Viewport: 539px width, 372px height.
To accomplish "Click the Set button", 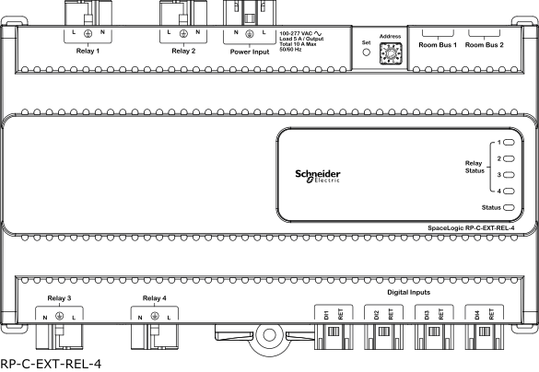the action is [367, 52].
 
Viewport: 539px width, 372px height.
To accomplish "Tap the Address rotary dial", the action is [391, 53].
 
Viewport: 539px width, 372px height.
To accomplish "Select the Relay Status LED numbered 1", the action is [509, 142].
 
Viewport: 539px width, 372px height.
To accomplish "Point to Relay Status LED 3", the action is [509, 175].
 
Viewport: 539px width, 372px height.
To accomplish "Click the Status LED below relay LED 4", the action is [509, 207].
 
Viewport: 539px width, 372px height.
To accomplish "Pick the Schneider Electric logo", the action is [318, 176].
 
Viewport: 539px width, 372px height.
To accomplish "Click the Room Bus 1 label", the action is [438, 45].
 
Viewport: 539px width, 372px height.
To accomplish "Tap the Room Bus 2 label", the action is [485, 45].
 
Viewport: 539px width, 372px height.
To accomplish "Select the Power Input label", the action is [250, 52].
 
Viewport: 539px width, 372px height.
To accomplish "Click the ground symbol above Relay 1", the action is [88, 33].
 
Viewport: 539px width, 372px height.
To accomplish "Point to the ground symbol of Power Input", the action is [250, 34].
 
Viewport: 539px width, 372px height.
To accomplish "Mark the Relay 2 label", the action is [183, 51].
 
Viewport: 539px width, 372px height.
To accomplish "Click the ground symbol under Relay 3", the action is [59, 316].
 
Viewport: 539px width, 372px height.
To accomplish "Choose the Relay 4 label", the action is [155, 298].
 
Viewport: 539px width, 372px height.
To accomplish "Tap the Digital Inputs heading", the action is [409, 292].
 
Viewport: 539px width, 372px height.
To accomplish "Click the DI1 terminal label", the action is [326, 315].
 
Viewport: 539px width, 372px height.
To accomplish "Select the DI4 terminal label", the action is [476, 315].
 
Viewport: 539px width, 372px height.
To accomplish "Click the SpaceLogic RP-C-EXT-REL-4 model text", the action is [471, 228].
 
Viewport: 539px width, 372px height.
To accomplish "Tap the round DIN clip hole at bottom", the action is [269, 335].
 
